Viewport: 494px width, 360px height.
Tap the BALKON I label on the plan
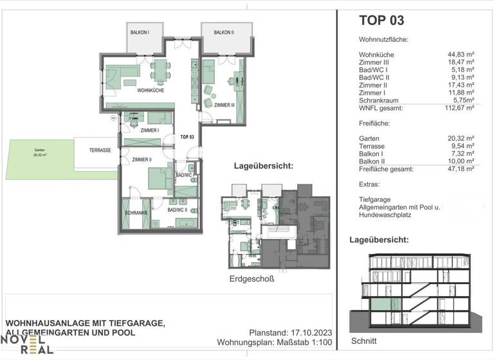140,32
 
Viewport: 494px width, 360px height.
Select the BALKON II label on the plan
224,32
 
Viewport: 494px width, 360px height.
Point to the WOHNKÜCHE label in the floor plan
151,91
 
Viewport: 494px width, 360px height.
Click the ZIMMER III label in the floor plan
224,105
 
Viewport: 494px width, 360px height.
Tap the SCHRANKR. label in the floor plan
136,213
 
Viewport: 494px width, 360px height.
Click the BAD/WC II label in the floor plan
177,210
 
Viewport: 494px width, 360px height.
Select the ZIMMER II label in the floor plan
142,159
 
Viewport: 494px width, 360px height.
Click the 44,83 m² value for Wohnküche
461,55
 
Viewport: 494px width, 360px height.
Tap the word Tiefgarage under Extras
376,199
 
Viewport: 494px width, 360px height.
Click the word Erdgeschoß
252,279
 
